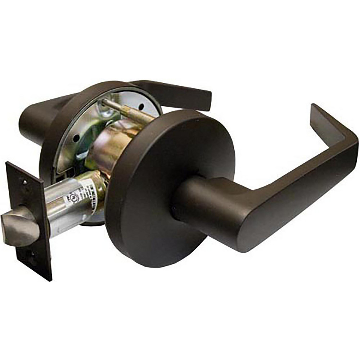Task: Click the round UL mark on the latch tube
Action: pos(67,198)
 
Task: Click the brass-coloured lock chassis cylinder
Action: pos(108,144)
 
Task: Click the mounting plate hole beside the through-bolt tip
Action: pos(141,107)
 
